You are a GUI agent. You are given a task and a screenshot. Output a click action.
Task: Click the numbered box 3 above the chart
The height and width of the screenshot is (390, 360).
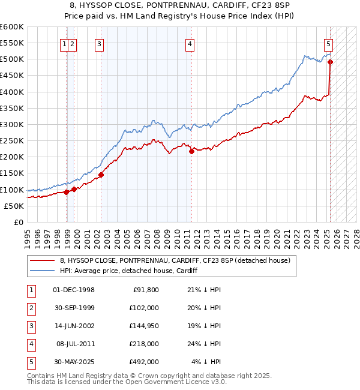coord(99,43)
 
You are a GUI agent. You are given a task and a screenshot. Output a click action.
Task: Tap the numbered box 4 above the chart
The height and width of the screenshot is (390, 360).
coord(190,43)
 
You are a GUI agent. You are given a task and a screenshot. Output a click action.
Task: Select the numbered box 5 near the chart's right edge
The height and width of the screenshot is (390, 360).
coord(329,43)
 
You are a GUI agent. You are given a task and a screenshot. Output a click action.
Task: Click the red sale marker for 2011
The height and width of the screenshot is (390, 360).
coord(191,151)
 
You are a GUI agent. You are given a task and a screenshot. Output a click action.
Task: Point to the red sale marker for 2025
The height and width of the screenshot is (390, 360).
coord(331,62)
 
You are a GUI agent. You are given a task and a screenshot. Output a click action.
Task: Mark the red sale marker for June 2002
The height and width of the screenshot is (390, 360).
coord(101,175)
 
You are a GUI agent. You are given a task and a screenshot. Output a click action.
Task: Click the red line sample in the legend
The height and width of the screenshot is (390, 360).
coord(42,260)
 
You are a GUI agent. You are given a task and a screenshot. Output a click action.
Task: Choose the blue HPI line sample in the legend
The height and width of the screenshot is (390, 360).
coord(42,271)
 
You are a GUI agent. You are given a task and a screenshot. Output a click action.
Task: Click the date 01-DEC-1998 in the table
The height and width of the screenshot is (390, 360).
coord(74,290)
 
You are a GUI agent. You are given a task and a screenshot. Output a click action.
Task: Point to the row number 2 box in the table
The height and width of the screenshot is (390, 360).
coord(31,308)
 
